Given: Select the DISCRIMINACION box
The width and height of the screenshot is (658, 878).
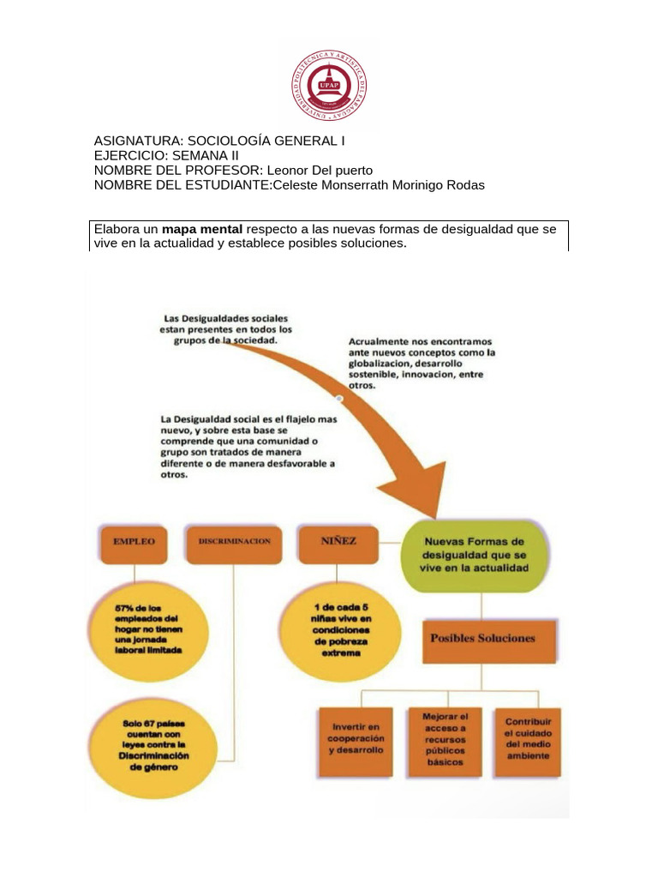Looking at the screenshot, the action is pyautogui.click(x=233, y=543).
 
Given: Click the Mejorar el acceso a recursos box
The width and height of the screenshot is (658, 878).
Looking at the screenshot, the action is pyautogui.click(x=446, y=739).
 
